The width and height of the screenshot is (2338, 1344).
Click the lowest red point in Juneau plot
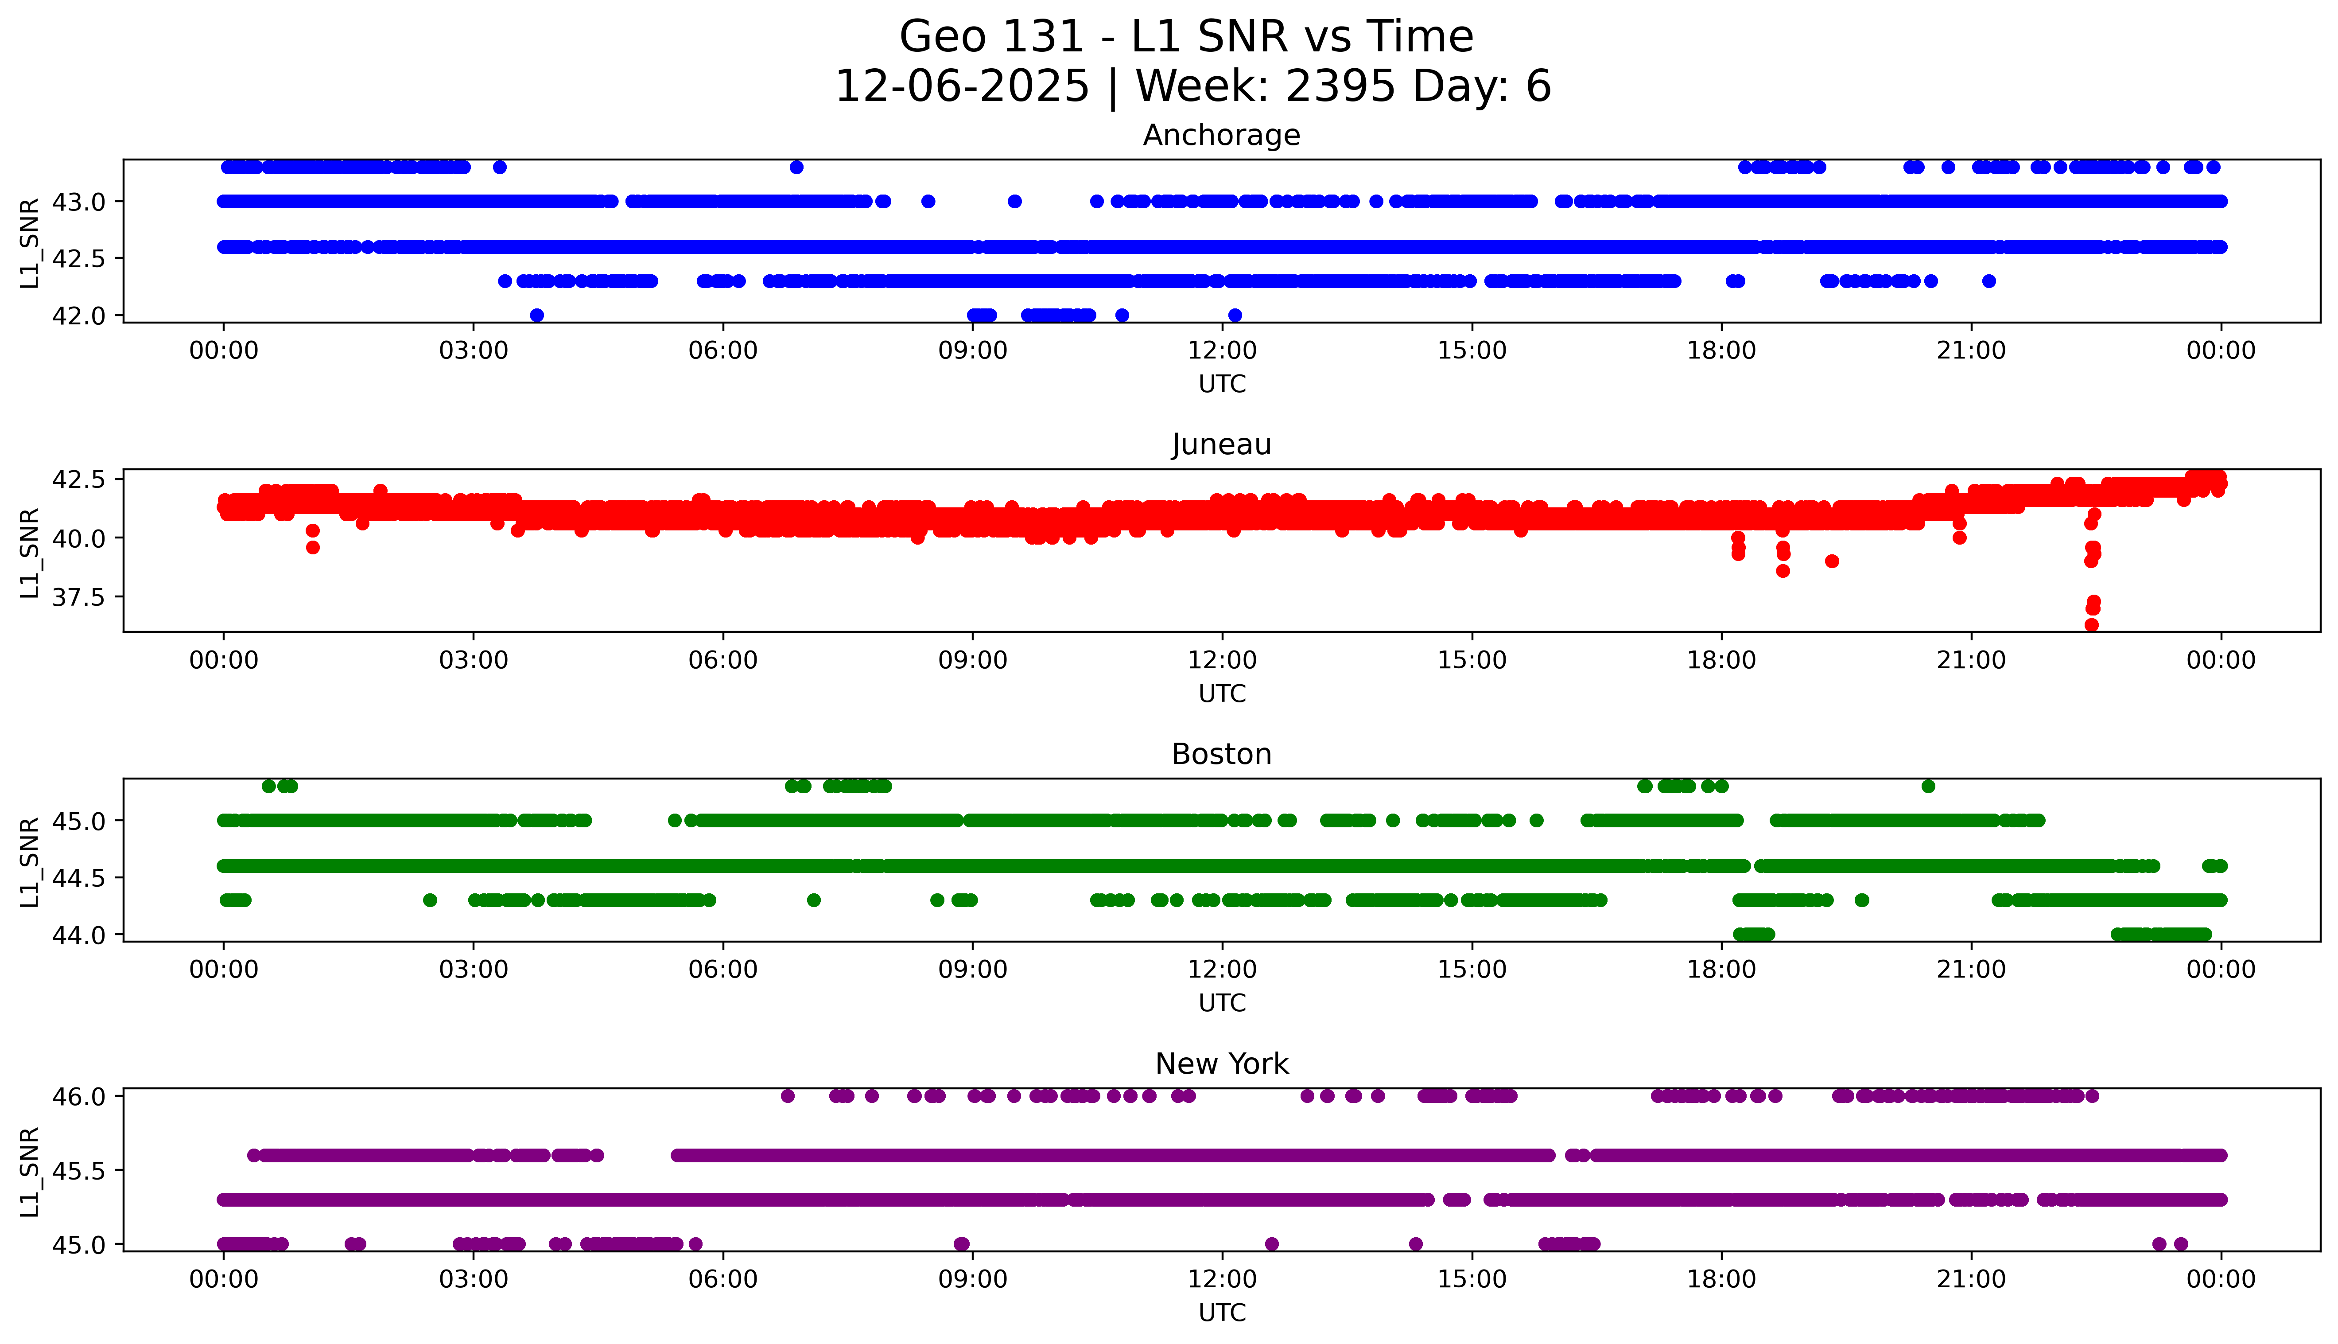click(2092, 625)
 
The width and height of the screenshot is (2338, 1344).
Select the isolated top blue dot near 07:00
click(796, 167)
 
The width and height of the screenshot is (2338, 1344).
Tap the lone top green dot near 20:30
click(1928, 787)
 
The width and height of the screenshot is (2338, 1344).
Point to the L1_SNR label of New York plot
click(30, 1170)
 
